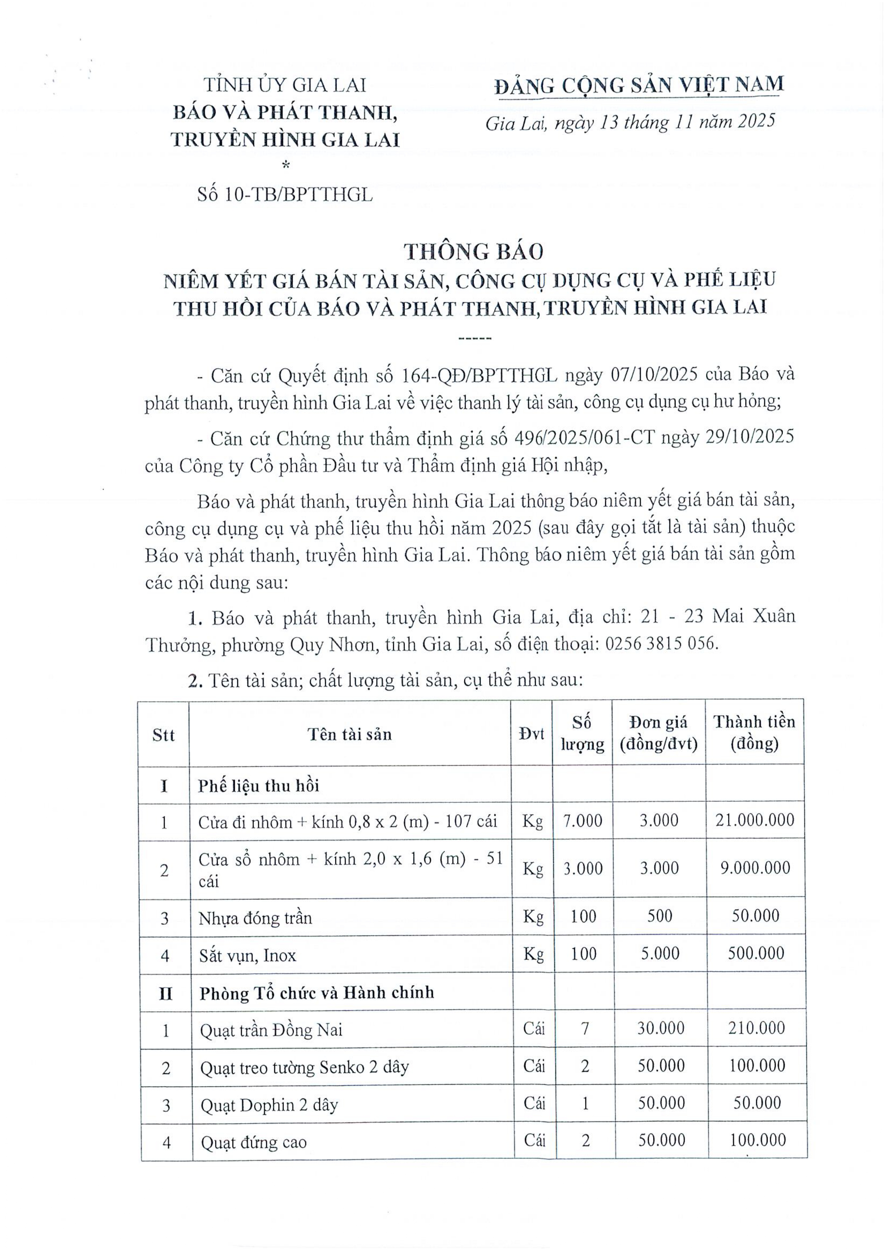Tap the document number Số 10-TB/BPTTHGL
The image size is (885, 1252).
285,195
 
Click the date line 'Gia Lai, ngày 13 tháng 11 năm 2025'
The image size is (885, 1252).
630,123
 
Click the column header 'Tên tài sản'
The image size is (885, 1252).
349,734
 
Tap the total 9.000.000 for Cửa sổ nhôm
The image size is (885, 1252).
755,868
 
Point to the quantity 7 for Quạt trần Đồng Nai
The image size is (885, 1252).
585,1028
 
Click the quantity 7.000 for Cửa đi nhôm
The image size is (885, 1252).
582,820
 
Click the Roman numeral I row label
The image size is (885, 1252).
163,786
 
